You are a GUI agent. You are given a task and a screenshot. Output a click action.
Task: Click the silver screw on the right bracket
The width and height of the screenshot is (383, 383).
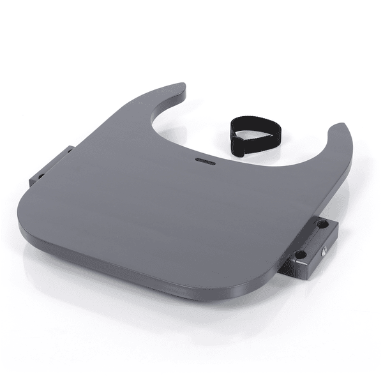pos(326,250)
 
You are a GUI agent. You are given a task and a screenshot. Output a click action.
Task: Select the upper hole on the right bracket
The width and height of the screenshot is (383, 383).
pos(321,225)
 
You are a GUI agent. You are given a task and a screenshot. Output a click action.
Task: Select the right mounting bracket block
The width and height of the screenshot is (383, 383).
pos(313,246)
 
